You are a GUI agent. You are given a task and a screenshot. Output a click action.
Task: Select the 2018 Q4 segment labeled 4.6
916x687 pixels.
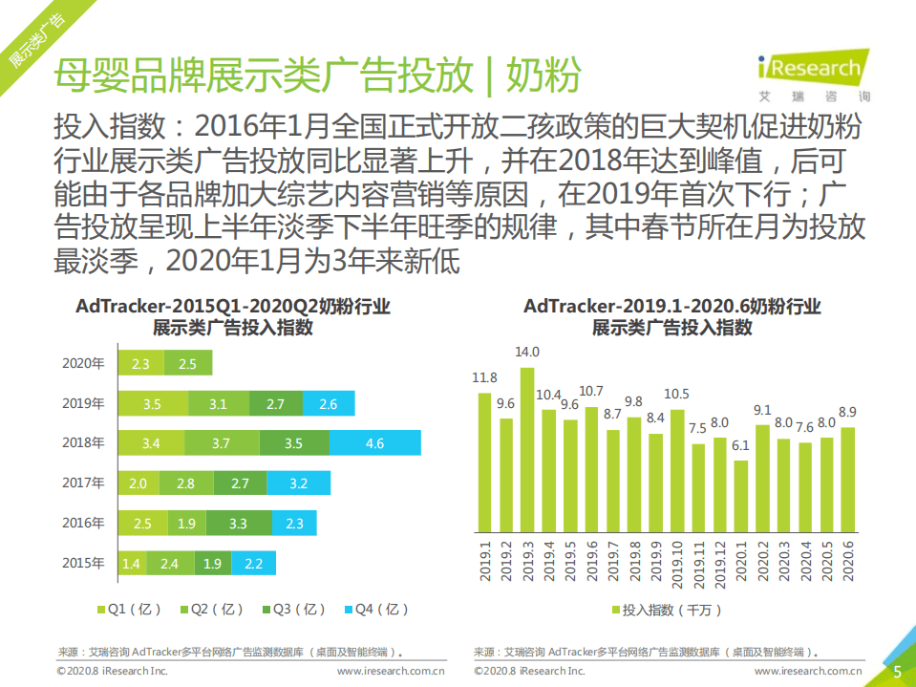(375, 443)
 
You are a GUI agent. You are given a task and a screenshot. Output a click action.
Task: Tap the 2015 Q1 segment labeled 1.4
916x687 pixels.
(131, 564)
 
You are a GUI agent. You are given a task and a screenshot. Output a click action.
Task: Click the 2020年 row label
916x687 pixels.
(82, 364)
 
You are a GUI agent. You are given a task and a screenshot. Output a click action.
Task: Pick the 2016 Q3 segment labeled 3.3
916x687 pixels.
(239, 524)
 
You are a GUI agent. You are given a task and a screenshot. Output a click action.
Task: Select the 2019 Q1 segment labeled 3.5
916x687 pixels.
(152, 404)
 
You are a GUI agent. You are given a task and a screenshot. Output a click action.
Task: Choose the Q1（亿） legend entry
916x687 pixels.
(129, 609)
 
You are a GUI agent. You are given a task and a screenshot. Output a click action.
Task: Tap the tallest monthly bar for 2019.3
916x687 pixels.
(527, 449)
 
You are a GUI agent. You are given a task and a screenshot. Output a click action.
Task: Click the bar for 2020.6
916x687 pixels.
(848, 479)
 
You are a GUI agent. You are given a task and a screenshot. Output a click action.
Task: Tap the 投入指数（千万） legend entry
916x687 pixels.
(667, 610)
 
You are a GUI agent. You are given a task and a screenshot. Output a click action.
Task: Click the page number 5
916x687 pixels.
(897, 672)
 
